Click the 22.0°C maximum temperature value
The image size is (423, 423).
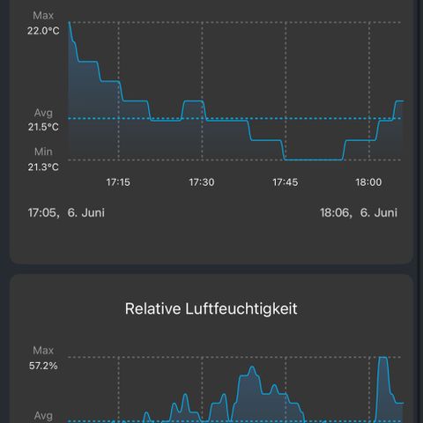43,31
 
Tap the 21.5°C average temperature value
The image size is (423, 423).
43,127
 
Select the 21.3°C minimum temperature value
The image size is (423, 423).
43,167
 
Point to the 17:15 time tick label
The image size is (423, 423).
118,182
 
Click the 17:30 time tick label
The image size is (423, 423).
202,182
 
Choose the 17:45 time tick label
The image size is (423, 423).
285,182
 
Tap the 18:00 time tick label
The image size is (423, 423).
368,182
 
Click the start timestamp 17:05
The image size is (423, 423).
43,212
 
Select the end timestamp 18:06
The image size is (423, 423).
336,212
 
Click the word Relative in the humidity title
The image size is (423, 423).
152,308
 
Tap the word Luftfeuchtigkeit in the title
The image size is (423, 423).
241,309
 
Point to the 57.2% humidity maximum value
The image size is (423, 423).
43,366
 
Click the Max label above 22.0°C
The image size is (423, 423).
43,15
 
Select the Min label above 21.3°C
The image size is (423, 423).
43,152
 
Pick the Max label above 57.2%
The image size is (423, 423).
43,350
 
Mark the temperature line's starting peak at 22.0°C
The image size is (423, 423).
69,22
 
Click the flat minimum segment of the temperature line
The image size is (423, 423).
314,160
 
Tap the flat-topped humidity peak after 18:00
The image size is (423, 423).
383,357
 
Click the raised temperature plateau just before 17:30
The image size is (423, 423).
194,101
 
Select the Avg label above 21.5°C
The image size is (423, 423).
43,113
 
